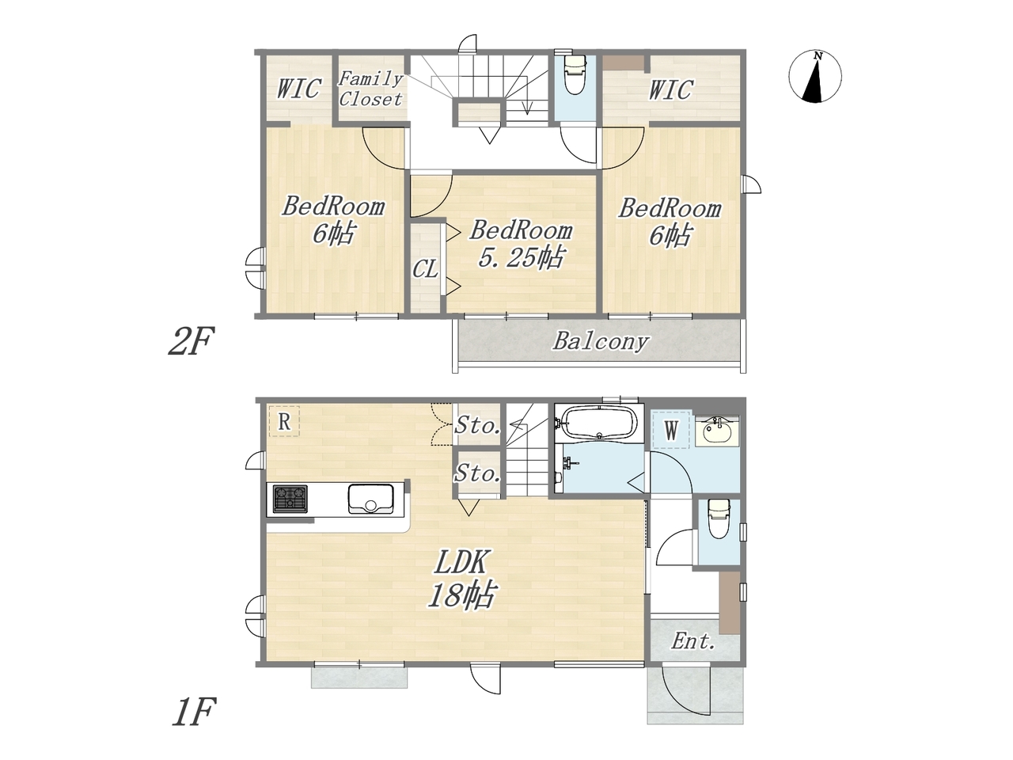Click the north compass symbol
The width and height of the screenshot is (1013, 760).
pos(815,76)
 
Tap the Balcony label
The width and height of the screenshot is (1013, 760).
pos(601,342)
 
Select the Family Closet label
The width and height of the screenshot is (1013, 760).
pos(370,89)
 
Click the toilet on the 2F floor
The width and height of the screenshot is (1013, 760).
pos(575,74)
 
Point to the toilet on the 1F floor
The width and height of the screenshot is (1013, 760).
pos(719,519)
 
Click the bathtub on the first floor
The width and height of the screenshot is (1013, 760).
pos(600,422)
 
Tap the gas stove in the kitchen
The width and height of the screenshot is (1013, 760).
pos(290,499)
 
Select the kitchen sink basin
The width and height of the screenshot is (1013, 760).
pos(371,499)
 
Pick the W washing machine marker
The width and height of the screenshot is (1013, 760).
pos(671,430)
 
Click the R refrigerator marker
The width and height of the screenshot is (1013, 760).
pos(284,421)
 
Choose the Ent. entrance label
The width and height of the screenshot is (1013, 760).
pos(692,641)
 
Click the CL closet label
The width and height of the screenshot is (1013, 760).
pos(425,268)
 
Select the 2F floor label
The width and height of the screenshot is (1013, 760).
pos(191,340)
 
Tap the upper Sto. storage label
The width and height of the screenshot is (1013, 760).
pos(477,425)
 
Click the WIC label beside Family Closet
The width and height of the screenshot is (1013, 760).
pos(299,88)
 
